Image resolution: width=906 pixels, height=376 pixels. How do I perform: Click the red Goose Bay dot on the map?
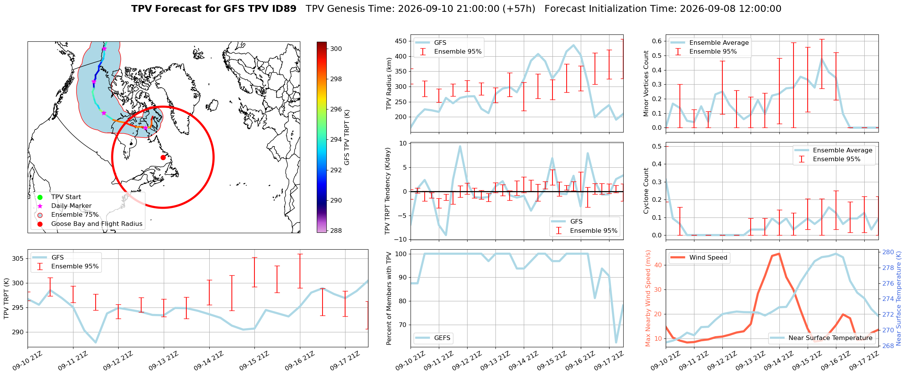(163, 157)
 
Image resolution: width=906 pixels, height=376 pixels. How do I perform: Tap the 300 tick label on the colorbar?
(336, 49)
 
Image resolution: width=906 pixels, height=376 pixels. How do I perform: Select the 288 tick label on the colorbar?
(336, 231)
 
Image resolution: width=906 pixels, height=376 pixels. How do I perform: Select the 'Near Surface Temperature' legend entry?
(822, 338)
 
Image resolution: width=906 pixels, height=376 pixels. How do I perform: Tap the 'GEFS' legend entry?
(433, 338)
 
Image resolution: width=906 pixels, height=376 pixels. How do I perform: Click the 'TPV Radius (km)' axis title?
(389, 83)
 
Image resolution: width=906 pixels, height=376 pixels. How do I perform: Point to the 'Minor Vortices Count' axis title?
(646, 83)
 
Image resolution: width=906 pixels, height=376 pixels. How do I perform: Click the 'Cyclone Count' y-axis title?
(646, 191)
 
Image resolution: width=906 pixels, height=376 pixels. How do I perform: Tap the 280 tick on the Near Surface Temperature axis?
(888, 252)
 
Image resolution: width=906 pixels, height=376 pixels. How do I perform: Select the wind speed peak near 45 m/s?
(779, 253)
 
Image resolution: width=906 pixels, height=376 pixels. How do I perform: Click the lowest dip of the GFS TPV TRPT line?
(96, 342)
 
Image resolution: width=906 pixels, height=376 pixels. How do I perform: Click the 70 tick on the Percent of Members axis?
(403, 325)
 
